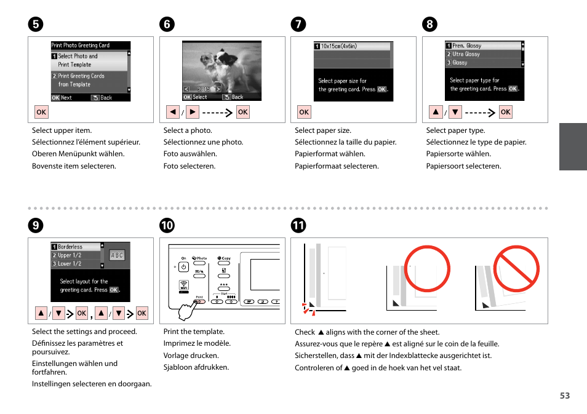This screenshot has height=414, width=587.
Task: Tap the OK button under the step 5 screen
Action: [41, 112]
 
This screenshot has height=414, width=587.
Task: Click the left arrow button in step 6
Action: [173, 112]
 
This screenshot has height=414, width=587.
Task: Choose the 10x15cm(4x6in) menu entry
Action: [352, 46]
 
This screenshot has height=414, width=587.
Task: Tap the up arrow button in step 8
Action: [436, 112]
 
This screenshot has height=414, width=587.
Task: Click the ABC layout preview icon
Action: [117, 255]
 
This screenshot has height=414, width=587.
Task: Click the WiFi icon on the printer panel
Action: [184, 285]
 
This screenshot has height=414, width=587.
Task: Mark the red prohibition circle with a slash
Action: [516, 268]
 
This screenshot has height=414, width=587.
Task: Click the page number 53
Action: [564, 396]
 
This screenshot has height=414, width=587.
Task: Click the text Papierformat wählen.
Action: [329, 154]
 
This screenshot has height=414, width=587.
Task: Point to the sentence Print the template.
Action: [194, 332]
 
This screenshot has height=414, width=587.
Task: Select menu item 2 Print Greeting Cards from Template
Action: [89, 80]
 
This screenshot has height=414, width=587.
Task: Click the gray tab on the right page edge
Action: [572, 146]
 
